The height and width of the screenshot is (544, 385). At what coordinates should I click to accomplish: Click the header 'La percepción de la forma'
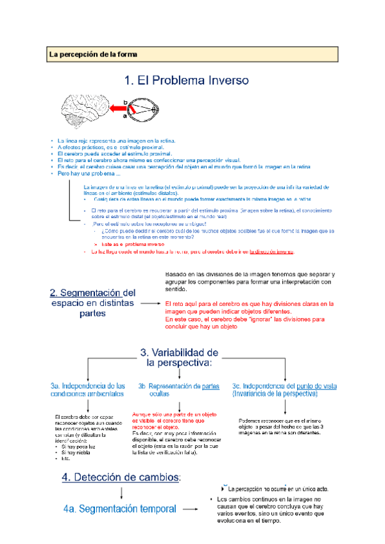coord(94,55)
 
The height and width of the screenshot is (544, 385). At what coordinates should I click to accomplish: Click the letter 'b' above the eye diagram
coord(126,101)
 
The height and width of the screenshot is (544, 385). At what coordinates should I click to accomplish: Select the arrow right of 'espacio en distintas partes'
coord(150,303)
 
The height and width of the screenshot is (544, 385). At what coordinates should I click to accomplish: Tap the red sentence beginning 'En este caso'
coord(247,319)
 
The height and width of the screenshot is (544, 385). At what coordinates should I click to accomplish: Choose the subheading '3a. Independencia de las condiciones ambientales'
coord(87,390)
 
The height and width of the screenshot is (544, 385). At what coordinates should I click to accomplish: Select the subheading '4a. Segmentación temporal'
coord(120,509)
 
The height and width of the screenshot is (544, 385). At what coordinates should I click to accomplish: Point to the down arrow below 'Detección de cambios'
coord(121,493)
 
